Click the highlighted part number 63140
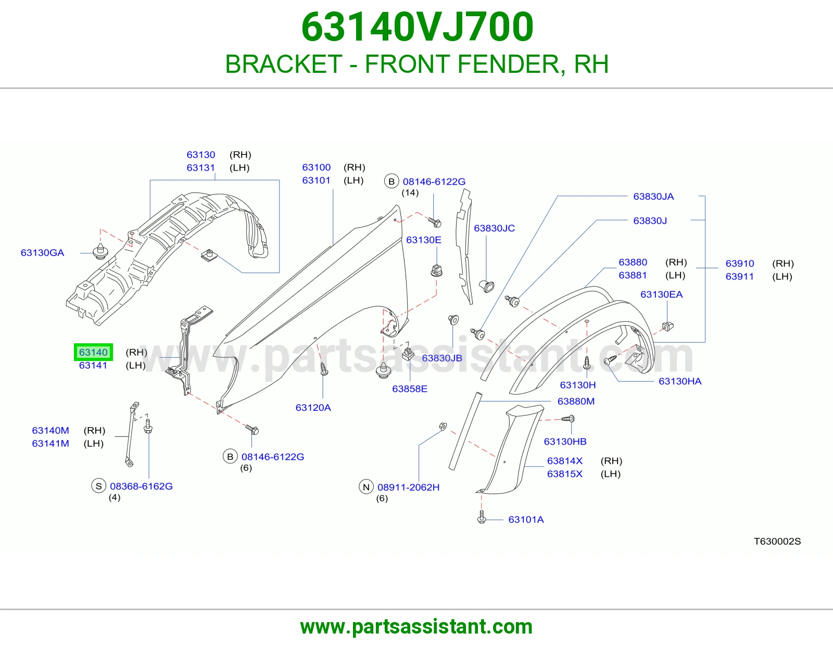pos(93,352)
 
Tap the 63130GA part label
pos(42,253)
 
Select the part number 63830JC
pos(494,228)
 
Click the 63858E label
pos(409,389)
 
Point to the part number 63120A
pos(313,407)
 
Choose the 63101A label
pos(526,519)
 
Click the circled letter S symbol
pos(98,486)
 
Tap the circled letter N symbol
pos(366,487)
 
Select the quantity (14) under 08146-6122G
pos(410,192)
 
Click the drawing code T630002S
pos(777,541)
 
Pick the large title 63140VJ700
pos(417,27)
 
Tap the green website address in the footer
pos(416,627)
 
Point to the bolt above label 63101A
pos(482,517)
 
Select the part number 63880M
pos(576,402)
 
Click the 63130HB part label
pos(565,442)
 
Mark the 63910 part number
pos(739,264)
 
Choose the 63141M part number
pos(51,444)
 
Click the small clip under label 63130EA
pos(668,326)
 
